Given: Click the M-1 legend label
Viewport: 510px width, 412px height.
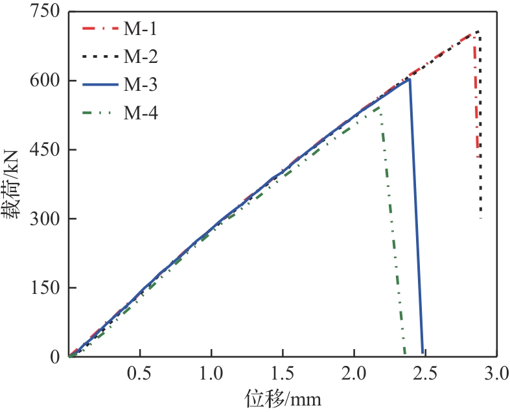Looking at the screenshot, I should click(141, 29).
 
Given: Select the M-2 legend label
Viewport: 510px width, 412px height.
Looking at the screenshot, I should click(141, 57).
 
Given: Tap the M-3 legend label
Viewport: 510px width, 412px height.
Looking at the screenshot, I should click(141, 85).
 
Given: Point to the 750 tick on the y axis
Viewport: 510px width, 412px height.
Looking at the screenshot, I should click(46, 12).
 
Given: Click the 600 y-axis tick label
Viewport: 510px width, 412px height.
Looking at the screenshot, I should click(46, 80).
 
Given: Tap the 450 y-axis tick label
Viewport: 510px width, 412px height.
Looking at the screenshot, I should click(46, 150).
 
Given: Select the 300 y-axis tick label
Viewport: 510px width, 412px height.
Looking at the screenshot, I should click(46, 219).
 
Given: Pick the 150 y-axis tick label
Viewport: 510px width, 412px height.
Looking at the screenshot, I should click(46, 288).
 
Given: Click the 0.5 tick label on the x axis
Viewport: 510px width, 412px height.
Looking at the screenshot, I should click(140, 374).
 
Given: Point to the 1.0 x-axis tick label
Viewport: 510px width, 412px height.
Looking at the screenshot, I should click(211, 374).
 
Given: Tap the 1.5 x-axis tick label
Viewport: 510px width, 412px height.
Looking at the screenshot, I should click(283, 374).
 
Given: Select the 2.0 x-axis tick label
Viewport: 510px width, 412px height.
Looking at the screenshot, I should click(354, 374).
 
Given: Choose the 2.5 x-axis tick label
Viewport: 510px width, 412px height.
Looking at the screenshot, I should click(425, 374).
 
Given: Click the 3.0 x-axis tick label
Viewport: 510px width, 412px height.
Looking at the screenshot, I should click(495, 374).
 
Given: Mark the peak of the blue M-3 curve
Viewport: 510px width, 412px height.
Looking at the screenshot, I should click(410, 79).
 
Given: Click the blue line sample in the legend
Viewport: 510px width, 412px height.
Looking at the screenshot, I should click(100, 85).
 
